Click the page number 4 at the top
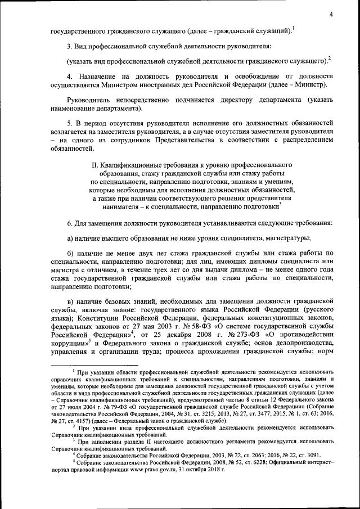click(332, 15)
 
